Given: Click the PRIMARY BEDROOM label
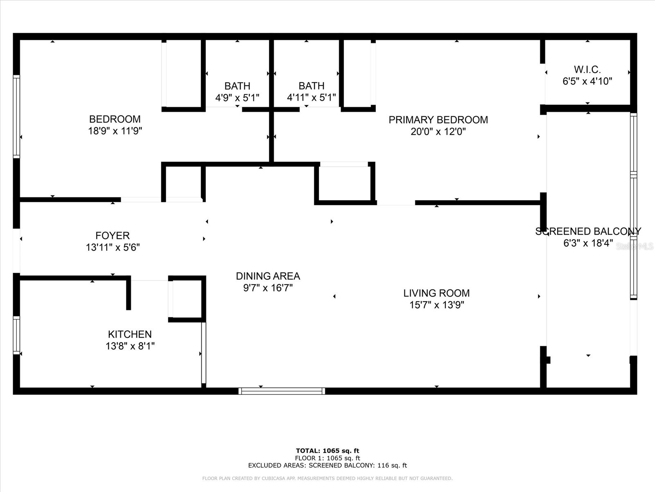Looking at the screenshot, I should [438, 120].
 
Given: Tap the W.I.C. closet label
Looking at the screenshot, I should [587, 69].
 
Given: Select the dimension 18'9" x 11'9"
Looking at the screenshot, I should [115, 131].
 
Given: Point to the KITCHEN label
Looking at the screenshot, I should [130, 334].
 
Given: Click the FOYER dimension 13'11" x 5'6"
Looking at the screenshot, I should [113, 247].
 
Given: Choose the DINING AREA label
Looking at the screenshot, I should [268, 276].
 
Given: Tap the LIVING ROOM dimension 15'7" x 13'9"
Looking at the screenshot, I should [436, 305].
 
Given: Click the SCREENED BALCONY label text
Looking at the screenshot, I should [588, 231].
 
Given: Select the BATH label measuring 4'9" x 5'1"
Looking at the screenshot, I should [237, 86].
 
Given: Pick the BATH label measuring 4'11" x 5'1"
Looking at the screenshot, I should [311, 86].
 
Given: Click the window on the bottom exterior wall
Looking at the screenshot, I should [282, 391].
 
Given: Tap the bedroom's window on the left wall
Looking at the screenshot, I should [16, 116].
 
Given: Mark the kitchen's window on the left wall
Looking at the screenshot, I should [16, 335].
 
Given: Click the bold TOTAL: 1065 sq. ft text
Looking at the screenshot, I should [327, 451].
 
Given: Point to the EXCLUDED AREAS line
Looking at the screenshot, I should [327, 465].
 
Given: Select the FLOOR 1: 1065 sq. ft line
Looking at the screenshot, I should [327, 458].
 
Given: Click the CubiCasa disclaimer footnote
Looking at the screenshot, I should [327, 478].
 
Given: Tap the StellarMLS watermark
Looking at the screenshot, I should [635, 246].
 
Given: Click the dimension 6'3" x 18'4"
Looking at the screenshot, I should [588, 243].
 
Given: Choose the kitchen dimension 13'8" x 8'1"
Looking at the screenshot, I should [130, 346].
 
